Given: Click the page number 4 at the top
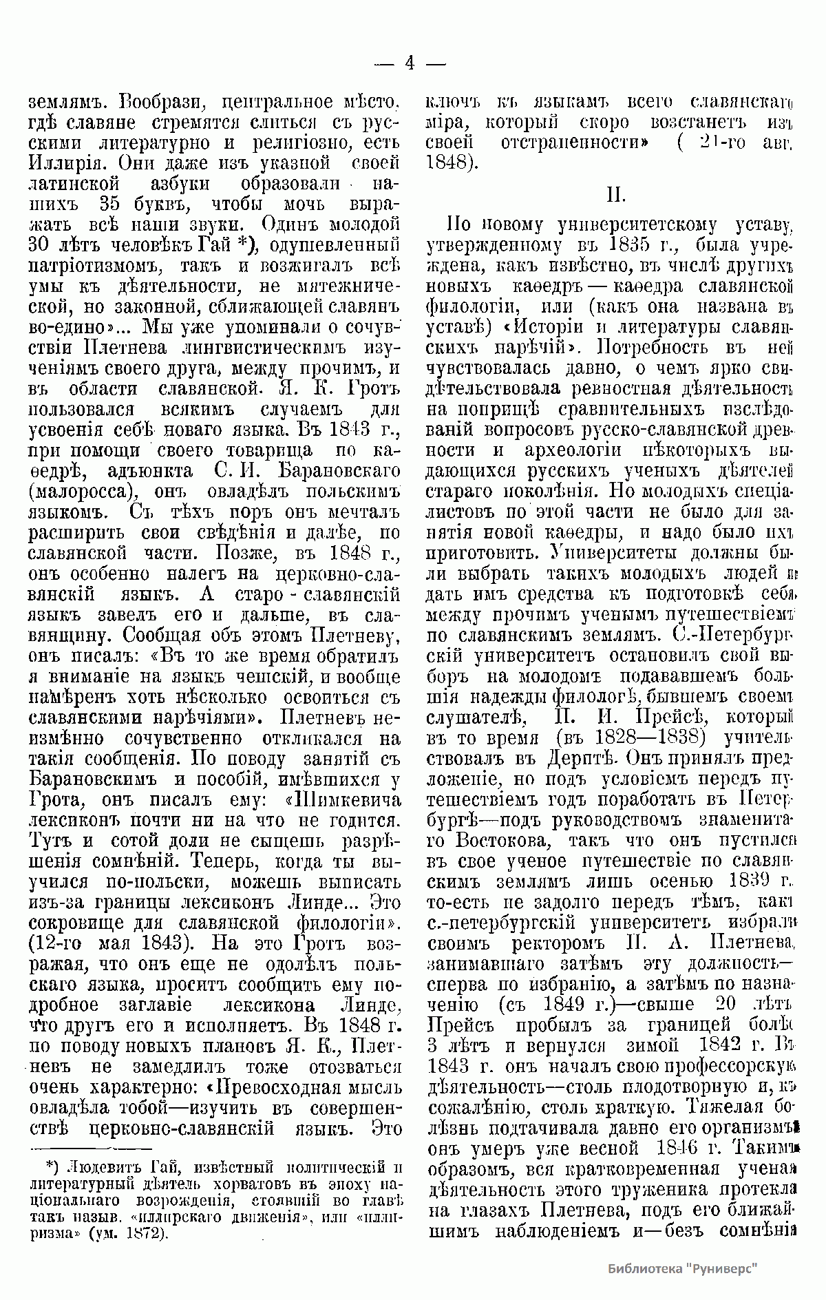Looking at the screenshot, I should point(410,63).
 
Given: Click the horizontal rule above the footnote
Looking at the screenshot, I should point(89,1148).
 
